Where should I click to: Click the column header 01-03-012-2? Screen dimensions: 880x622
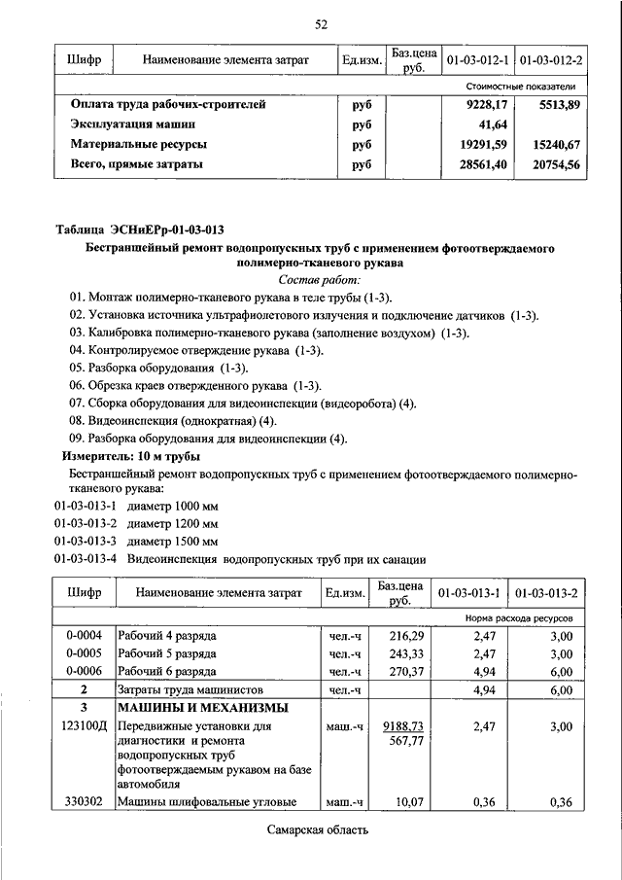(x=551, y=61)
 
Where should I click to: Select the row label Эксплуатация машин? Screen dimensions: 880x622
(x=133, y=124)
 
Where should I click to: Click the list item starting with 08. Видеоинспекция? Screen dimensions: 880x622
(x=173, y=420)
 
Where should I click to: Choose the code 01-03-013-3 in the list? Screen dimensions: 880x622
(x=86, y=541)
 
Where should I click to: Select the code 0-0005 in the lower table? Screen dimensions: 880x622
(x=85, y=653)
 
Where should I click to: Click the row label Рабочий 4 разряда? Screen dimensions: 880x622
(x=166, y=636)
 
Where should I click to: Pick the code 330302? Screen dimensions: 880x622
(x=85, y=801)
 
